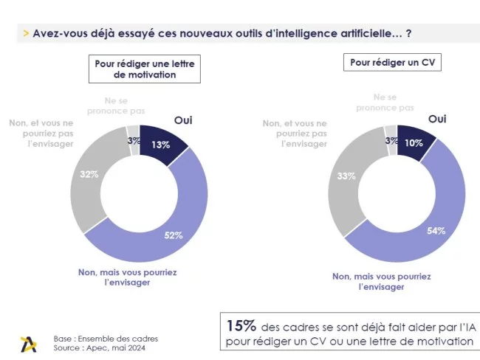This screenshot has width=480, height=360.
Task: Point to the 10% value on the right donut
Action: point(414,143)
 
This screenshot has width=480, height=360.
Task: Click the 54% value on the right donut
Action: point(436,230)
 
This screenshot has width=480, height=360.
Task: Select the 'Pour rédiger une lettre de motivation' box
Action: point(145,69)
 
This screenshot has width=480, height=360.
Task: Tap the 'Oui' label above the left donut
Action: point(184,120)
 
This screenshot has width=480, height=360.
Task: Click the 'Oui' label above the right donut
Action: point(437,118)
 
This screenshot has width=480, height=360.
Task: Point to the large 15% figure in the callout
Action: point(241,325)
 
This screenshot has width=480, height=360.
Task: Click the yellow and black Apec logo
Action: point(29,343)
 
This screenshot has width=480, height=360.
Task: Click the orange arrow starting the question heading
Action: point(27,33)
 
